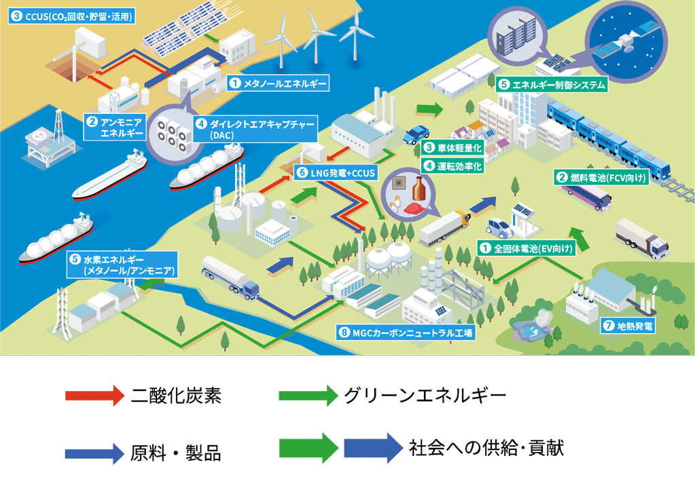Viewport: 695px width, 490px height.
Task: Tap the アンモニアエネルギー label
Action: click(115, 127)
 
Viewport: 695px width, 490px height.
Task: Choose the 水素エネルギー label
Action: click(122, 265)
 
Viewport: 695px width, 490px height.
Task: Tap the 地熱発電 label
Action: click(628, 326)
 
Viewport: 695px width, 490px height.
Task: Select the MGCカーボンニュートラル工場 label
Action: click(404, 333)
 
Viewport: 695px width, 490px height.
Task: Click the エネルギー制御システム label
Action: click(552, 86)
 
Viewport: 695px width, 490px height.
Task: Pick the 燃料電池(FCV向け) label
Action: click(602, 178)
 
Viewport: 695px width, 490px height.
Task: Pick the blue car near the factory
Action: click(414, 135)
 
